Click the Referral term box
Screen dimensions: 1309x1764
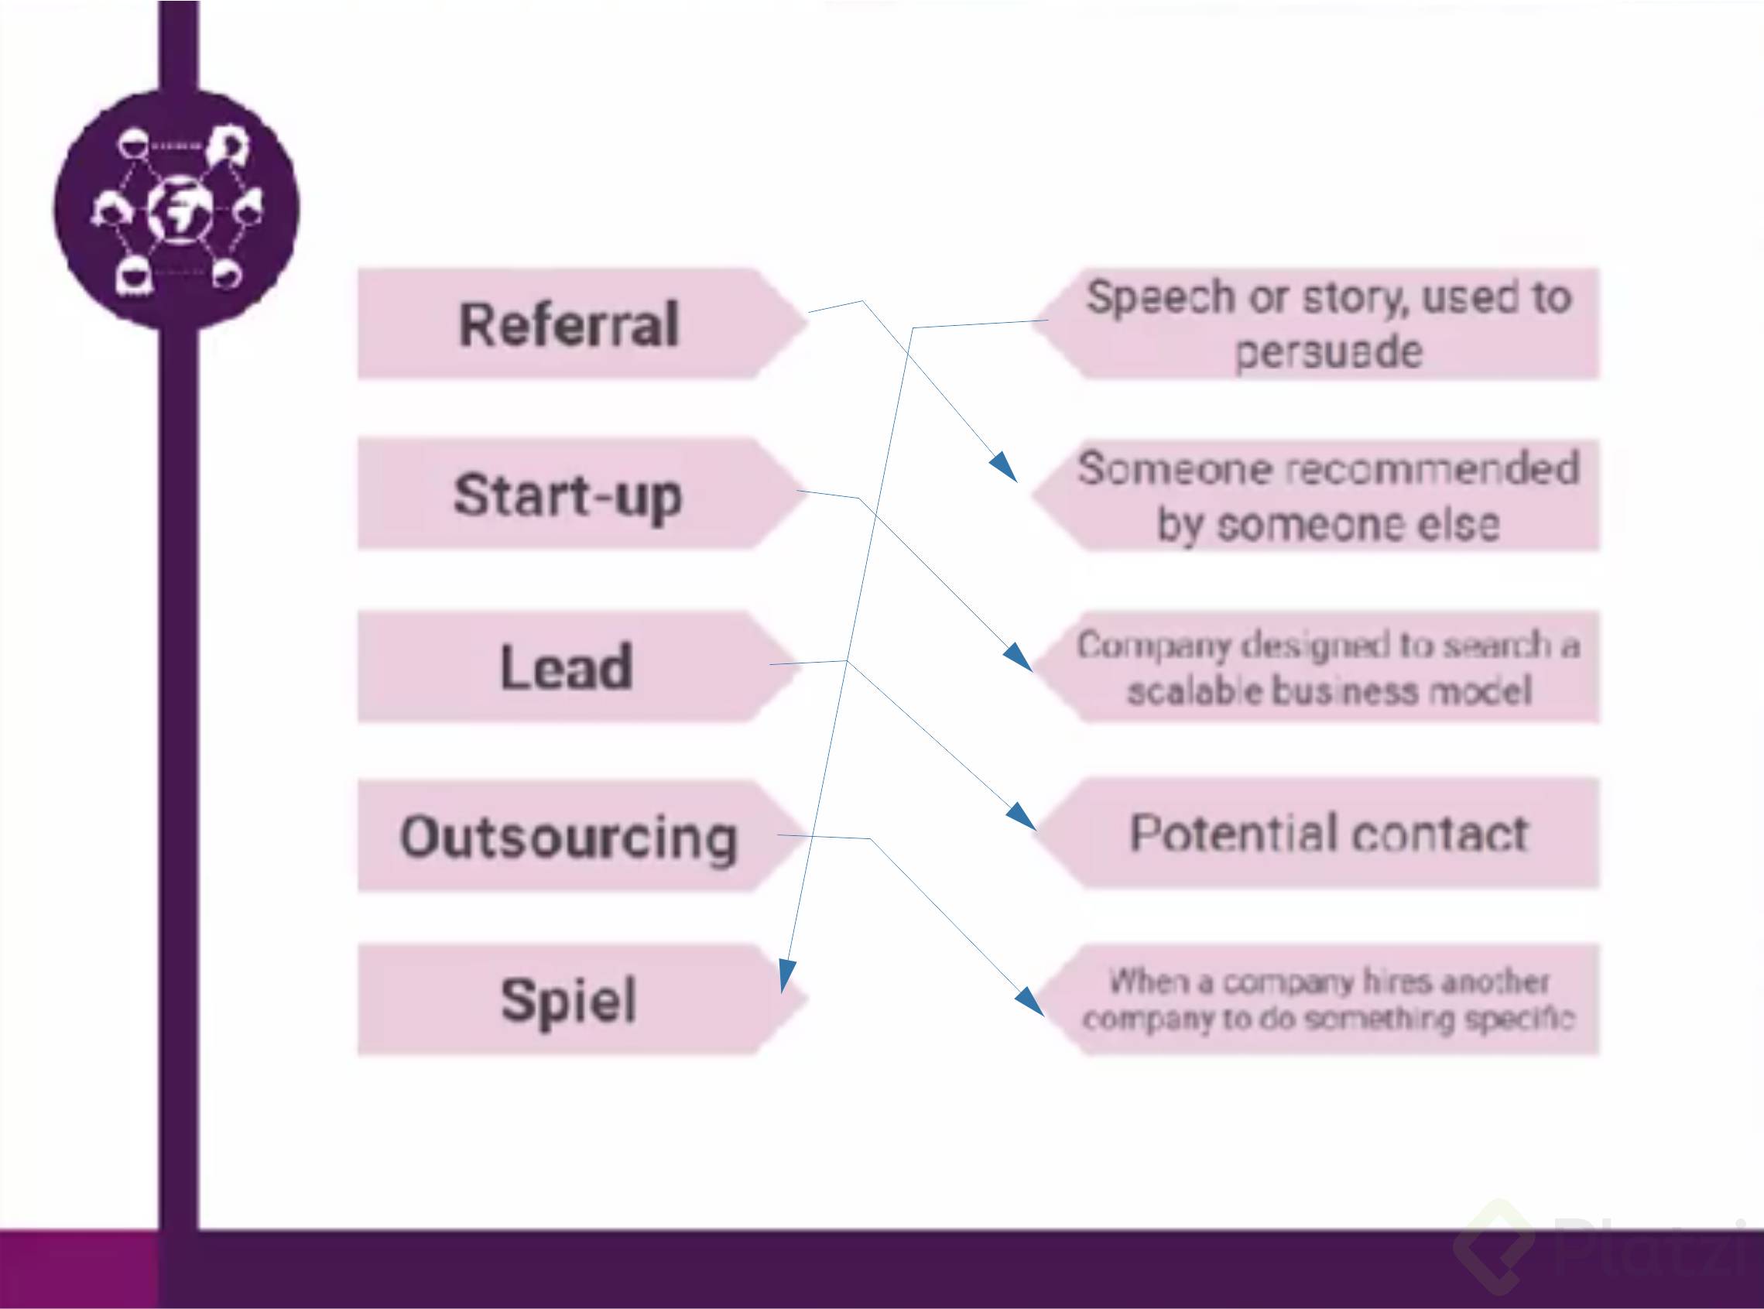(569, 324)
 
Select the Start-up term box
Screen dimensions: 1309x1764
(567, 495)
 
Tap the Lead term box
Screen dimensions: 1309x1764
(567, 666)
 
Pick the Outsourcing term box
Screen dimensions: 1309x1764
(569, 837)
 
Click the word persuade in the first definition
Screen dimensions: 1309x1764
(1328, 351)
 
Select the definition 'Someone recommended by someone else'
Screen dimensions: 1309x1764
(1327, 495)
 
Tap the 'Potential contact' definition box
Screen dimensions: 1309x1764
(1327, 834)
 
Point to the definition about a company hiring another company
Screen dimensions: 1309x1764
(1327, 1000)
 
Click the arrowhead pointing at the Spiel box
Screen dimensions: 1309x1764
(786, 975)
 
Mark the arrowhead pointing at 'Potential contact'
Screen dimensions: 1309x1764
(1022, 817)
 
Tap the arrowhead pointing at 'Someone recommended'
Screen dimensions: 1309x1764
(1005, 467)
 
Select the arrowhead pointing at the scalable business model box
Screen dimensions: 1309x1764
(1019, 659)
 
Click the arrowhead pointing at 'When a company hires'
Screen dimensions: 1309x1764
(1030, 1002)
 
